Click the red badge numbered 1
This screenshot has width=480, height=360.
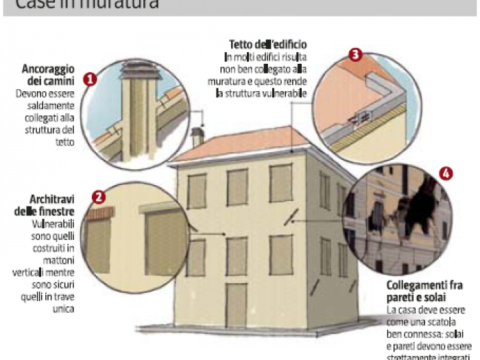coord(89,80)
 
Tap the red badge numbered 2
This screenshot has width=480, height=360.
coord(99,198)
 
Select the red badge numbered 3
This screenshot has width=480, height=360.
coord(355,54)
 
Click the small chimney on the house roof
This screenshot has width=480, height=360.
coord(197,136)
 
